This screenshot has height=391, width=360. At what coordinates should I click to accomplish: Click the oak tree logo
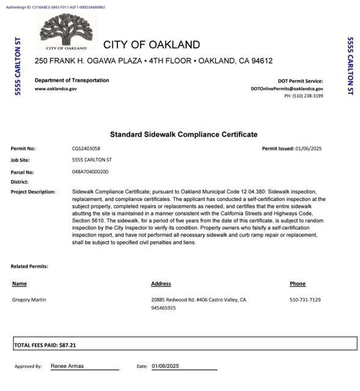tap(66, 31)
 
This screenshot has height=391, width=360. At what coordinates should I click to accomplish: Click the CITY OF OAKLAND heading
tap(151, 45)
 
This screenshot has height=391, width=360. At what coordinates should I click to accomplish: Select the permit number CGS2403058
tap(86, 148)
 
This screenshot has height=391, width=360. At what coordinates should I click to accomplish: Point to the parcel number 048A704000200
tap(90, 172)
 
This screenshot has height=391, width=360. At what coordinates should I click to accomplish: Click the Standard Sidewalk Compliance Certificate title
tap(183, 134)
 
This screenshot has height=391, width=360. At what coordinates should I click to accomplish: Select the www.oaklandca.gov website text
tap(56, 89)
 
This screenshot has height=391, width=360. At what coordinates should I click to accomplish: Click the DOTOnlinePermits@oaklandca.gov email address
tap(287, 89)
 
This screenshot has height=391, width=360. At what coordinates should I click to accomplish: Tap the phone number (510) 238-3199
tap(307, 96)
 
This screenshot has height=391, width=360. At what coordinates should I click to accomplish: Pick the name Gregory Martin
tap(29, 300)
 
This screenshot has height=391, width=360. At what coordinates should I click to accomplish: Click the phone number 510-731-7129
tap(305, 300)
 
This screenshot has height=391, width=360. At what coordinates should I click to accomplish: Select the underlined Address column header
tap(161, 283)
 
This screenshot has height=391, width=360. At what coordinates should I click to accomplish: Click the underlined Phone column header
tap(297, 283)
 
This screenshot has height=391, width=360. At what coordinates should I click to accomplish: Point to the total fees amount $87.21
tap(67, 345)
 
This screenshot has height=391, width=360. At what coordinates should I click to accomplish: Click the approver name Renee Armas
tap(67, 366)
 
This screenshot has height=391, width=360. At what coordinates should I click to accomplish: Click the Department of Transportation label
tap(72, 80)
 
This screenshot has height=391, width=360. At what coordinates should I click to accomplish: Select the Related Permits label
tap(29, 266)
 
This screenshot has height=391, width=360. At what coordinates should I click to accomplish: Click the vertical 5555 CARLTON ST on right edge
tap(350, 65)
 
